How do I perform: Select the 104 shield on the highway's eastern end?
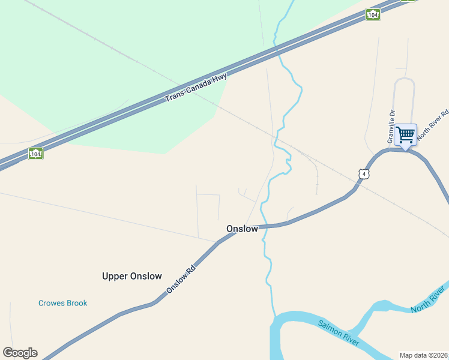373,14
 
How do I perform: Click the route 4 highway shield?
363,174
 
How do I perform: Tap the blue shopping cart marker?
405,134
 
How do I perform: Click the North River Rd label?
433,124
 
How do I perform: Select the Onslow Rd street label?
181,280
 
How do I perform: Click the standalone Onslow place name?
242,229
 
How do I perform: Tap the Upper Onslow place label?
132,276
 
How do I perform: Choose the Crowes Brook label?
62,303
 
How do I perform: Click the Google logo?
20,353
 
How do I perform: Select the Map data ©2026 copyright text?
423,355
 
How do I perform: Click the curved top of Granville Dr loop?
404,79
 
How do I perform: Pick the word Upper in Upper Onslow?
115,276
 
